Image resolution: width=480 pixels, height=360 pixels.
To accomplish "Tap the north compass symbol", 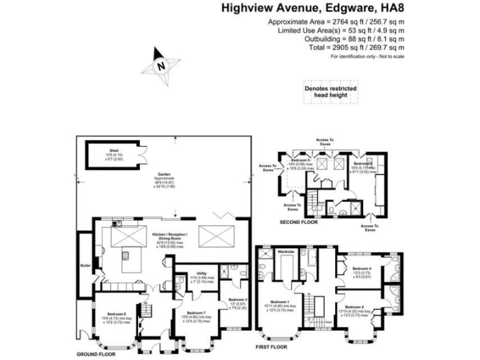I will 161,65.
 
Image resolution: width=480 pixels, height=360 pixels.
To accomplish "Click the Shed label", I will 114,151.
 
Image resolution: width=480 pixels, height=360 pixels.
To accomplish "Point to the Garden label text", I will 164,174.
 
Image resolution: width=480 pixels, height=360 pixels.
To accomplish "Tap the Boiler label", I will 86,266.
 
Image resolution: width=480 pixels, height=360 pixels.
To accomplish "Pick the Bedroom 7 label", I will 196,312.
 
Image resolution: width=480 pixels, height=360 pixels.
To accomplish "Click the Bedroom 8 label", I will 116,313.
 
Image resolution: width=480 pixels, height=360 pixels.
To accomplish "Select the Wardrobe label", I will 286,251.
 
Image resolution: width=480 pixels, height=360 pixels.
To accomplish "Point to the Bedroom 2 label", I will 354,307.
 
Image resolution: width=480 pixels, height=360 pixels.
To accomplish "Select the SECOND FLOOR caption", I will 299,222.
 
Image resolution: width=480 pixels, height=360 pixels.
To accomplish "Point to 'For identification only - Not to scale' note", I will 367,57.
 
